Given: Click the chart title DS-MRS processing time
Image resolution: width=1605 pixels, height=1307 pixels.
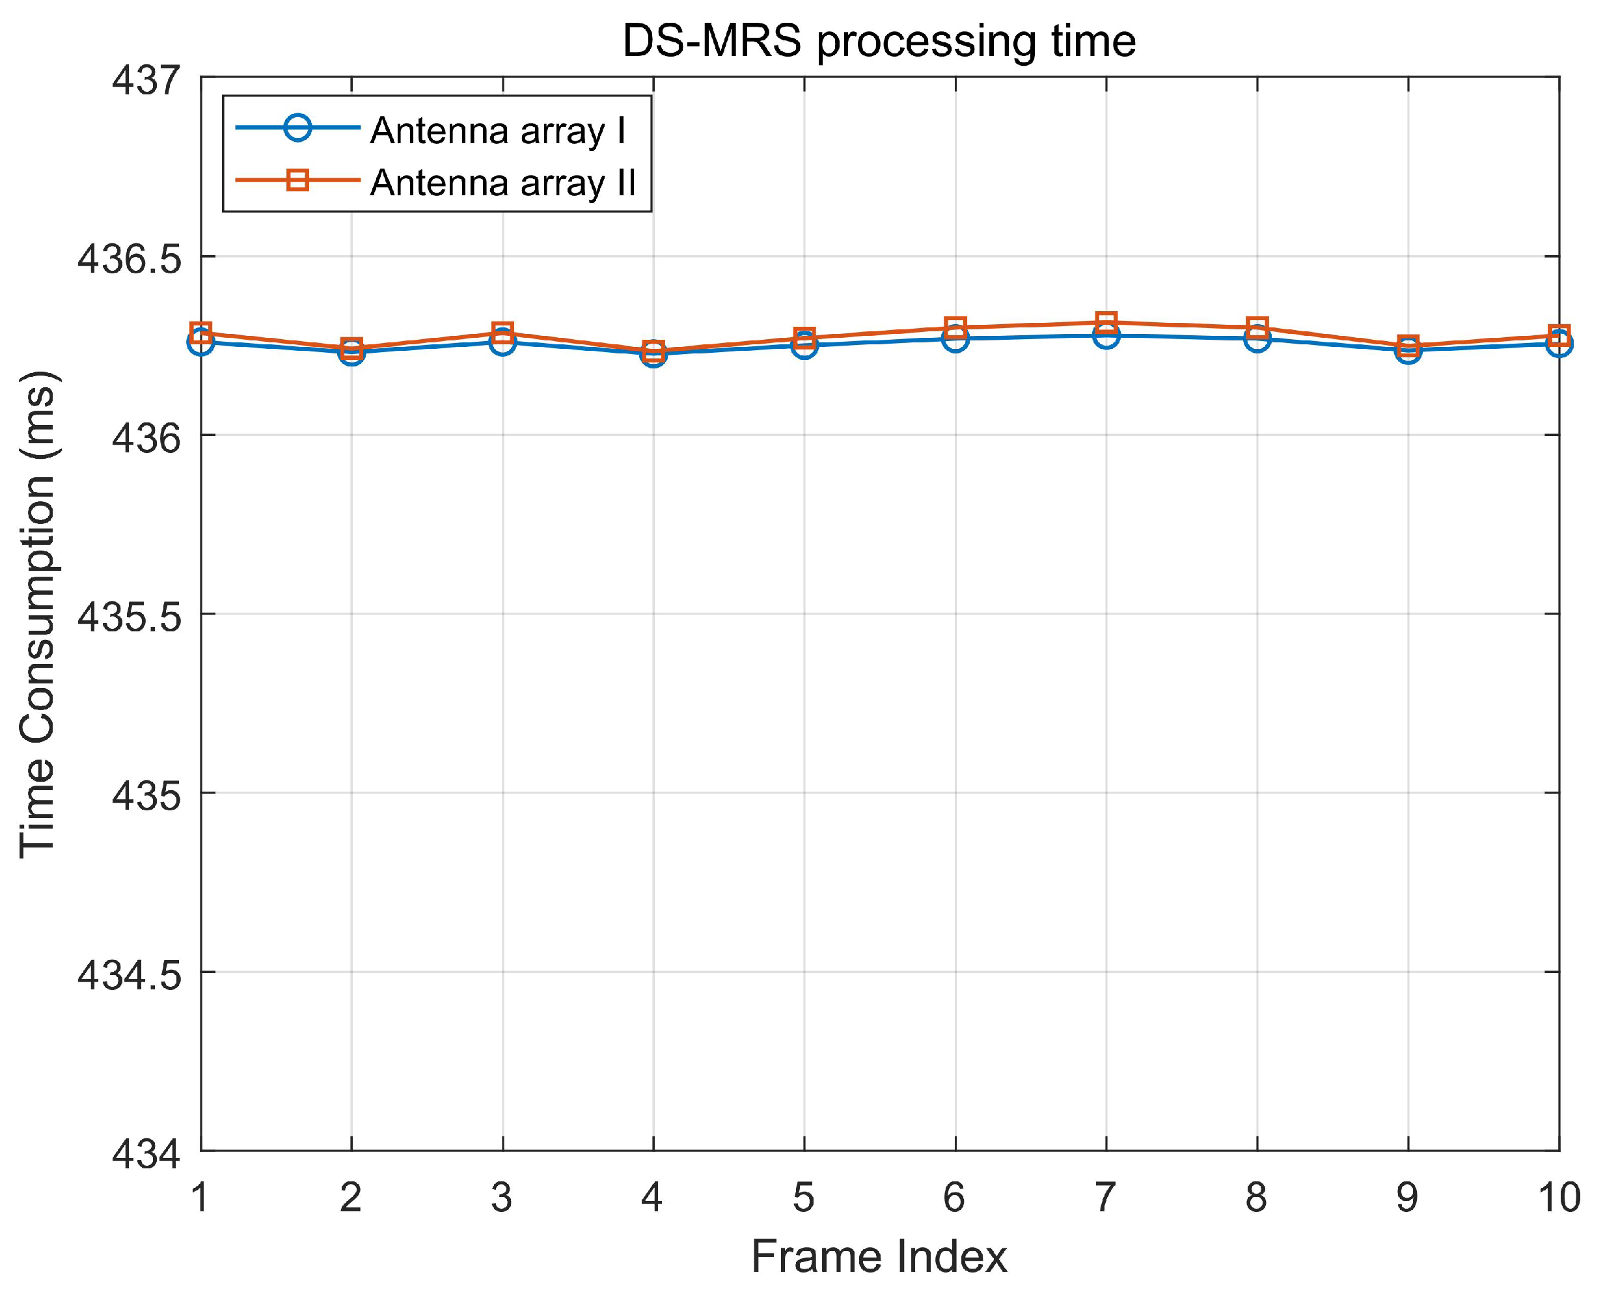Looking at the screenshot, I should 879,42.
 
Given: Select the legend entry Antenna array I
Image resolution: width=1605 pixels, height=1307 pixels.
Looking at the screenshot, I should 497,131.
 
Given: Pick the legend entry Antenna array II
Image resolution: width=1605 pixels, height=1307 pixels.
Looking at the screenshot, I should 503,182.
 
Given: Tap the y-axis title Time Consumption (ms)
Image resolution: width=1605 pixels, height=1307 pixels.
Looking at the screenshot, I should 38,614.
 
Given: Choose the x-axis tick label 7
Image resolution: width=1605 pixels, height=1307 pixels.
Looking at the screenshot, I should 1105,1197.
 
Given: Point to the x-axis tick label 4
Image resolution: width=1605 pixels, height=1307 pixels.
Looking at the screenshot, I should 652,1197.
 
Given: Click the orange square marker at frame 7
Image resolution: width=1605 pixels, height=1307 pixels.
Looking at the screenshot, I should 1106,323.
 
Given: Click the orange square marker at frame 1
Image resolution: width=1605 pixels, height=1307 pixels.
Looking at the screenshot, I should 201,332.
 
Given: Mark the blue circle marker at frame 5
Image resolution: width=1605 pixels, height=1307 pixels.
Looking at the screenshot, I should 804,345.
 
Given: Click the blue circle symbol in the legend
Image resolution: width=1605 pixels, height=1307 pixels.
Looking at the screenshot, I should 298,128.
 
